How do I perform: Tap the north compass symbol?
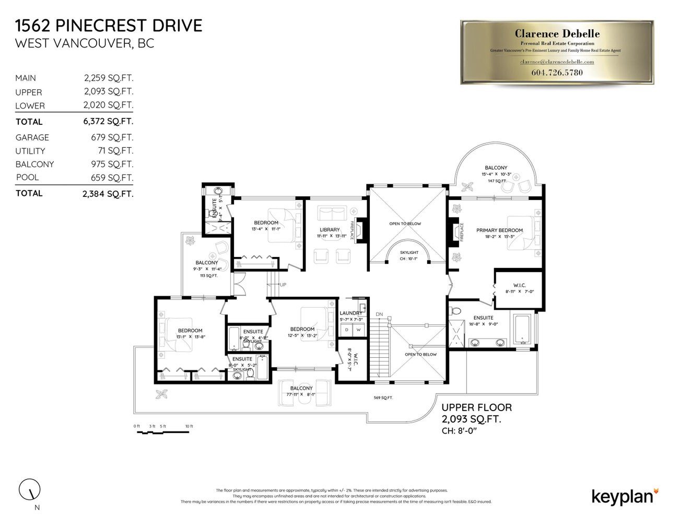pos(30,489)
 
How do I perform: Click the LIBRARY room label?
pos(330,230)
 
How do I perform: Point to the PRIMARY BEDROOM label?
pos(499,230)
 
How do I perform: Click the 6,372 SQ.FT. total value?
pos(108,121)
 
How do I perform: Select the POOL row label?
pos(27,178)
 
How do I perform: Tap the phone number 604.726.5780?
pos(557,73)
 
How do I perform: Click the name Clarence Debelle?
pos(557,34)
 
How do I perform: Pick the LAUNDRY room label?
pos(350,313)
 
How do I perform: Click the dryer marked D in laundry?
pos(346,330)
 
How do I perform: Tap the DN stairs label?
pos(379,314)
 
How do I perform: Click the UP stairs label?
pos(283,285)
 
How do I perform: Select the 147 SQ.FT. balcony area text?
pos(497,181)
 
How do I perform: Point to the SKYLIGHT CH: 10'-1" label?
pos(409,255)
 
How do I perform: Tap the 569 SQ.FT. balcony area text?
pos(383,398)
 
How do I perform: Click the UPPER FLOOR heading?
pos(476,407)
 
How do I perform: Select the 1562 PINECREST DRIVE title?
pos(109,26)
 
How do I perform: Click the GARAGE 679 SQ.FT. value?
pos(112,137)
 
